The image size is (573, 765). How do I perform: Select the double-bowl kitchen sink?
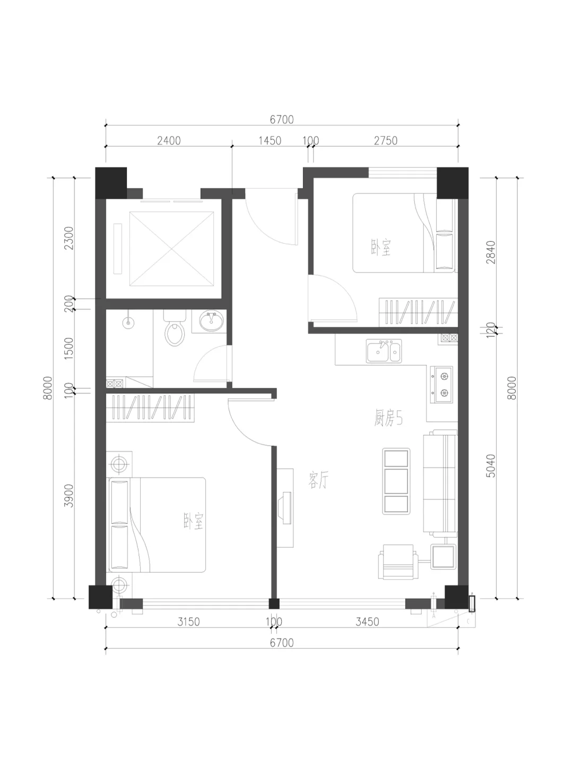pos(384,351)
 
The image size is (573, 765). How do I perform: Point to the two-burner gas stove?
pos(441,385)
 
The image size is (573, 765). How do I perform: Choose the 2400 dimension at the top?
pos(169,140)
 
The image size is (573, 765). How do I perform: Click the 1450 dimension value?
pos(270,140)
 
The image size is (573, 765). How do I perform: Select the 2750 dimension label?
pos(386,140)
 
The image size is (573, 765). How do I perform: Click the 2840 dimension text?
pos(491,252)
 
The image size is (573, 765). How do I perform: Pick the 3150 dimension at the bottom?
pos(188,622)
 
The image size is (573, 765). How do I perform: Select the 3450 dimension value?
pos(367,622)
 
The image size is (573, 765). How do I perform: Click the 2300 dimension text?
pos(69,238)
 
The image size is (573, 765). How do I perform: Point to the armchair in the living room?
pos(398,562)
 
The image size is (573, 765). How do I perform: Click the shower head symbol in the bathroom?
pos(128,322)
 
